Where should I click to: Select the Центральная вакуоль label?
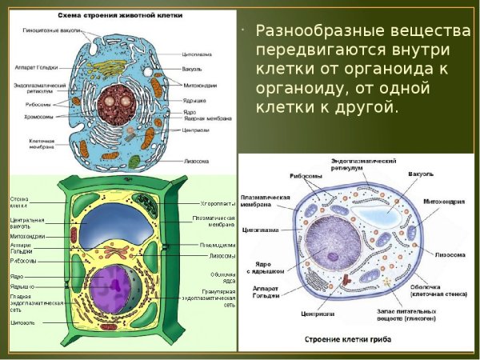(27, 222)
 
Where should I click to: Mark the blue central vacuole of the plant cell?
(112, 226)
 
